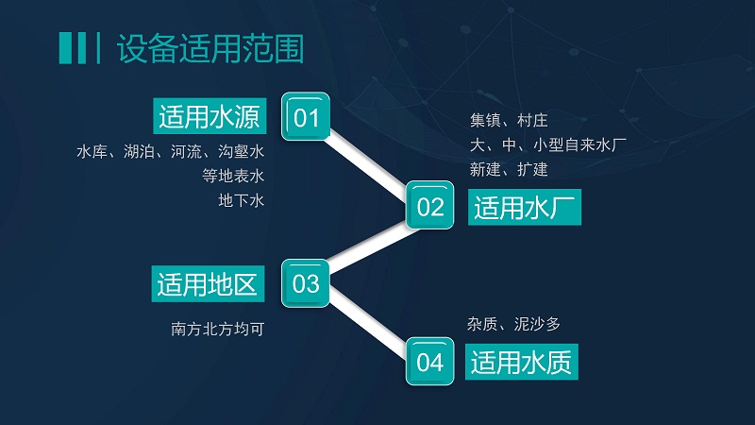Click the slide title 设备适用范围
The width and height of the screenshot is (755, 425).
click(210, 48)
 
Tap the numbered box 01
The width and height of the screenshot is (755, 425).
click(306, 116)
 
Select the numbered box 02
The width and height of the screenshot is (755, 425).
click(430, 205)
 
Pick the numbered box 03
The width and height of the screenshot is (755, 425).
click(306, 283)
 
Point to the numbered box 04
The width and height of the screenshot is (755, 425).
click(430, 362)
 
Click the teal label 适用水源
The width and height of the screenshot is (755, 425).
click(210, 116)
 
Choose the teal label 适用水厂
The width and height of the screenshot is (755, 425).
click(525, 207)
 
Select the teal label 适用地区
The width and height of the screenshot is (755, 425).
click(208, 284)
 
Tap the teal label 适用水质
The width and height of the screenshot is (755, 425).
click(522, 362)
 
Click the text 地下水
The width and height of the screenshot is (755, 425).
click(242, 200)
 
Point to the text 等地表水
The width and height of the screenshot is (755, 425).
click(233, 176)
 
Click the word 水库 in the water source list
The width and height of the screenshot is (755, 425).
click(92, 151)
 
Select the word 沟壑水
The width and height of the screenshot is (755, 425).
click(242, 151)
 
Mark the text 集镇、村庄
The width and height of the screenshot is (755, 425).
click(509, 120)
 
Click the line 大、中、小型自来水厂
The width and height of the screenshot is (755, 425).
click(548, 144)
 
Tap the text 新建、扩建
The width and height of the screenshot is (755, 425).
click(509, 169)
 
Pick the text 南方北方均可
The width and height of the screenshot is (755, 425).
click(218, 329)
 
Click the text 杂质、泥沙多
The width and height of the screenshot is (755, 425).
click(513, 324)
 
